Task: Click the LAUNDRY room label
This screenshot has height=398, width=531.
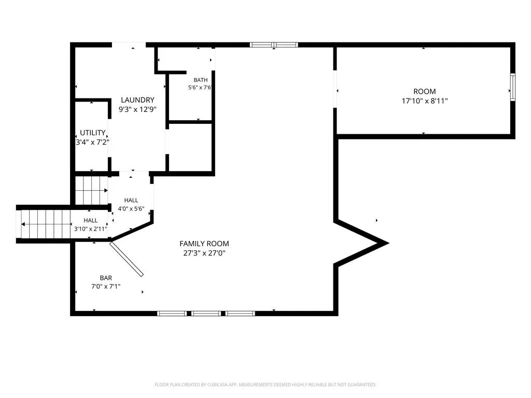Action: [137, 100]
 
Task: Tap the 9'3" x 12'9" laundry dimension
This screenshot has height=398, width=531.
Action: [137, 109]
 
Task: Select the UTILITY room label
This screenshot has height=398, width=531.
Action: [92, 133]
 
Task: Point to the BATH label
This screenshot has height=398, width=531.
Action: [201, 80]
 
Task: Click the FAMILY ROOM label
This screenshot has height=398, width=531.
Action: [204, 244]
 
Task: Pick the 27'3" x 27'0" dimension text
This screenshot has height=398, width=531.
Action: [204, 253]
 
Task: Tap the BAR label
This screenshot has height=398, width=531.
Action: [106, 278]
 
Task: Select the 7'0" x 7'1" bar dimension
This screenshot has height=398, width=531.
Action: [106, 286]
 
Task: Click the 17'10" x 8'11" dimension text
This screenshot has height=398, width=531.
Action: [425, 101]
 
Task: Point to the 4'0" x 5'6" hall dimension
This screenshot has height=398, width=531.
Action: [131, 209]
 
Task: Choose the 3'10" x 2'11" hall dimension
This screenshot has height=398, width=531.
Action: [90, 229]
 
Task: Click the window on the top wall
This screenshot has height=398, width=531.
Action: [274, 45]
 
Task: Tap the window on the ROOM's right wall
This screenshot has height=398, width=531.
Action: [513, 87]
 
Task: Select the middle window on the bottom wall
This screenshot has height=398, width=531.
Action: [206, 314]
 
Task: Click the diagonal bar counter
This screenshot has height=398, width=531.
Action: [127, 259]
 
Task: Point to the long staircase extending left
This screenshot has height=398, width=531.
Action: [46, 224]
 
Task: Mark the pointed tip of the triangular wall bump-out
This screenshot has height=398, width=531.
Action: [388, 243]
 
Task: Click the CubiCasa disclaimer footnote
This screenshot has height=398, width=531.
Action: [265, 385]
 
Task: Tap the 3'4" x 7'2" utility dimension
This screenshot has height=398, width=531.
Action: [92, 142]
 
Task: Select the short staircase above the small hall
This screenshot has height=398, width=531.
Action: [91, 191]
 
